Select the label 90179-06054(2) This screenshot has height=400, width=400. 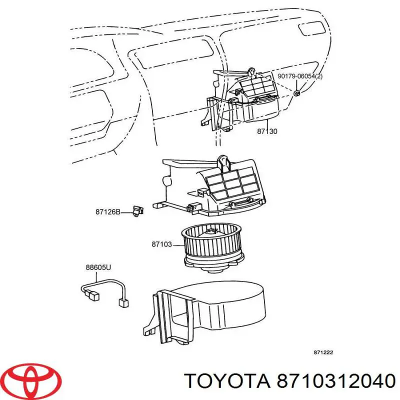[x=299, y=76]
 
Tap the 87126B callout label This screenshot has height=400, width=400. [x=108, y=211]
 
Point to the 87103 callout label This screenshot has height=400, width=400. [x=161, y=244]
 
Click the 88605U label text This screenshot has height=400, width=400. [x=98, y=267]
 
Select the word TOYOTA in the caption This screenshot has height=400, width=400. [x=221, y=381]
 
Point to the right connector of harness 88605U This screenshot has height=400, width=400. [x=122, y=302]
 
